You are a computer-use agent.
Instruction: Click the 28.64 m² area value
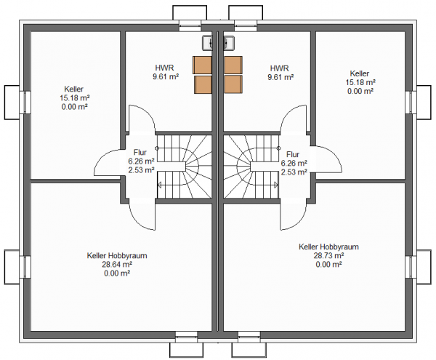click(117, 264)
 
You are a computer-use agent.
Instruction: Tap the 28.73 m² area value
click(328, 255)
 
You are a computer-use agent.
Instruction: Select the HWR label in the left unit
click(165, 68)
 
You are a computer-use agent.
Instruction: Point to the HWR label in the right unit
click(280, 68)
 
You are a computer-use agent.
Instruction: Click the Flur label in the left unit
click(140, 153)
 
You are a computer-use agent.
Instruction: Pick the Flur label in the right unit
click(293, 154)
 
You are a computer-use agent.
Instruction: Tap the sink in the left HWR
click(207, 43)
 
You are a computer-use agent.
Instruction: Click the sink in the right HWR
click(229, 43)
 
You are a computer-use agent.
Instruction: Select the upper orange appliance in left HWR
click(203, 65)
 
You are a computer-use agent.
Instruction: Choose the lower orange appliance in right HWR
click(233, 84)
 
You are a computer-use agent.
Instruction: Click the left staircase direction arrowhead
click(160, 185)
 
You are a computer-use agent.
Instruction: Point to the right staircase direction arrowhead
click(275, 185)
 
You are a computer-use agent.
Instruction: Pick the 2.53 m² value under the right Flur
click(294, 172)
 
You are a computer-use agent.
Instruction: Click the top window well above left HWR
click(190, 12)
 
